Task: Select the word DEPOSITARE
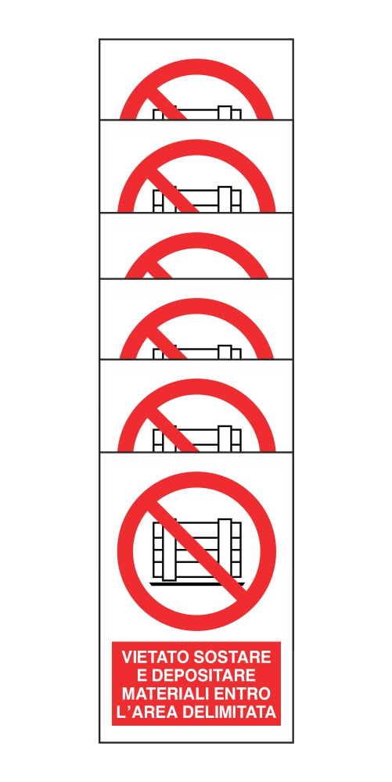tap(203, 676)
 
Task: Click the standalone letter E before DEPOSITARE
tap(141, 676)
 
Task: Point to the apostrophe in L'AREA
tap(128, 707)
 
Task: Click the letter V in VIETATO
tap(128, 658)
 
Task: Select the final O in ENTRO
tap(264, 694)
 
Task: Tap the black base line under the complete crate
tap(197, 583)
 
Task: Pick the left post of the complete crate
tap(170, 550)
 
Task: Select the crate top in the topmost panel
tap(197, 109)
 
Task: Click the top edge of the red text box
tap(196, 642)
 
